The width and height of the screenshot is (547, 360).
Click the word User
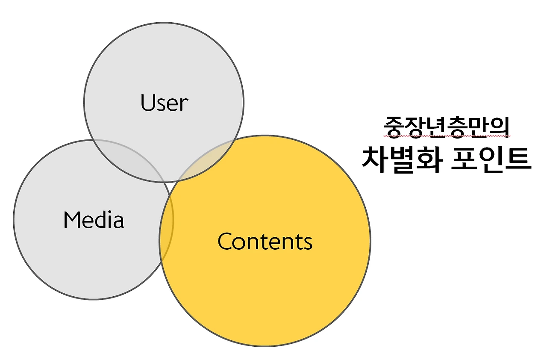point(164,103)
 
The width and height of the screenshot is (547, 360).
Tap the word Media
point(94,220)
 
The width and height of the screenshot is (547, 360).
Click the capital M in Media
point(72,220)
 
